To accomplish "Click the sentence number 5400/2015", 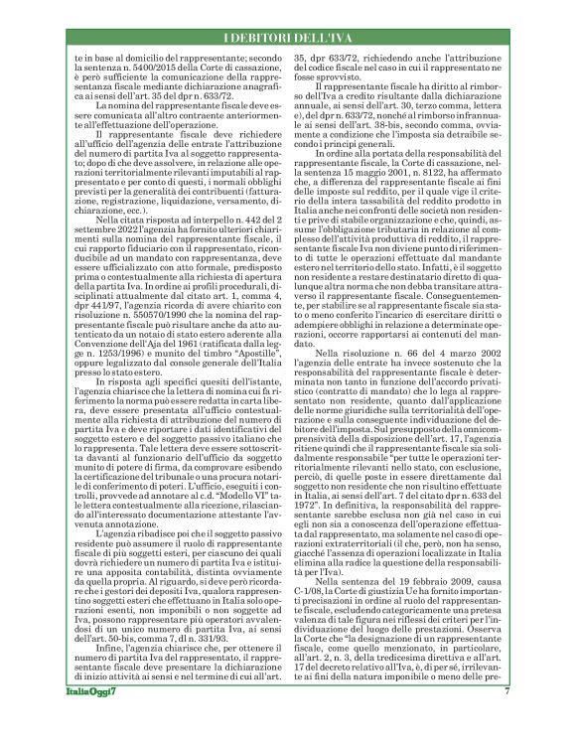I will tap(140, 66).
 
